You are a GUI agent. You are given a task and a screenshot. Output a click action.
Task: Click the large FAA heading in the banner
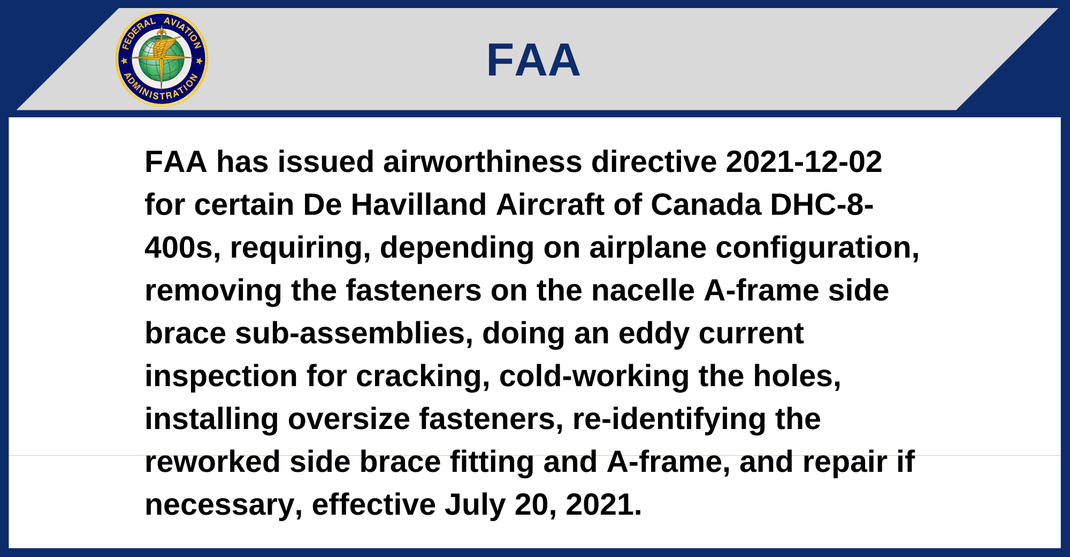533,61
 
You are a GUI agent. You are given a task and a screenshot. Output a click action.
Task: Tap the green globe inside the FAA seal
162,59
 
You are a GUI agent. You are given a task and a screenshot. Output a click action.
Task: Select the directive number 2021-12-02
804,162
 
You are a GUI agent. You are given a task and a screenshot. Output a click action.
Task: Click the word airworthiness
482,162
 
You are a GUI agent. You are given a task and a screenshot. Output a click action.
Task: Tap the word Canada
706,205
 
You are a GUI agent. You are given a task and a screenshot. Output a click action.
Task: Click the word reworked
212,462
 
